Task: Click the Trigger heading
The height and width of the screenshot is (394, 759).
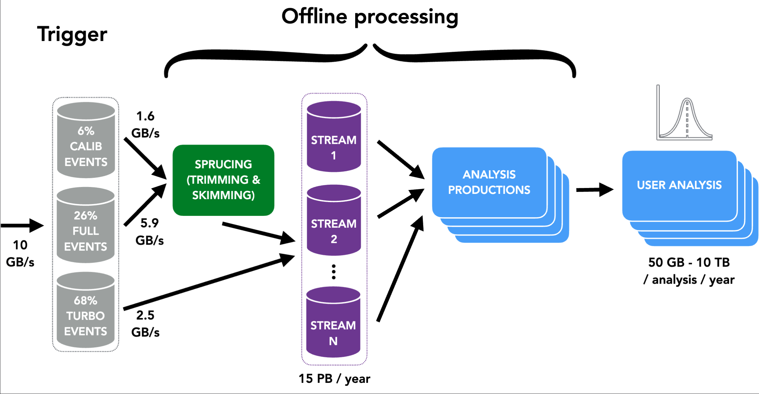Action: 72,34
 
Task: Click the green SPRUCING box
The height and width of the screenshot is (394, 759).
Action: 223,180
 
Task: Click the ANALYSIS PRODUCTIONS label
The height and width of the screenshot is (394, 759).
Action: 489,182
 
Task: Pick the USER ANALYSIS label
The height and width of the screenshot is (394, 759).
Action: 679,185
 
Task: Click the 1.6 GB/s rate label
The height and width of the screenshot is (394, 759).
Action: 145,125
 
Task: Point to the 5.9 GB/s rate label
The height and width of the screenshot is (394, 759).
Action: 149,232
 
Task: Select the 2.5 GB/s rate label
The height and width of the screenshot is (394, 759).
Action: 145,324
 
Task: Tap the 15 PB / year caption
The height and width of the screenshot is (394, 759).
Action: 334,379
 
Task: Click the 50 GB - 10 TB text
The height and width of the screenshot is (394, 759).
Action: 689,263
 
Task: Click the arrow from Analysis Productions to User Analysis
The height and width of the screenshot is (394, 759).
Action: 595,190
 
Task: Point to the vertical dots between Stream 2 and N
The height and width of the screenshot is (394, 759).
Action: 334,272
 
